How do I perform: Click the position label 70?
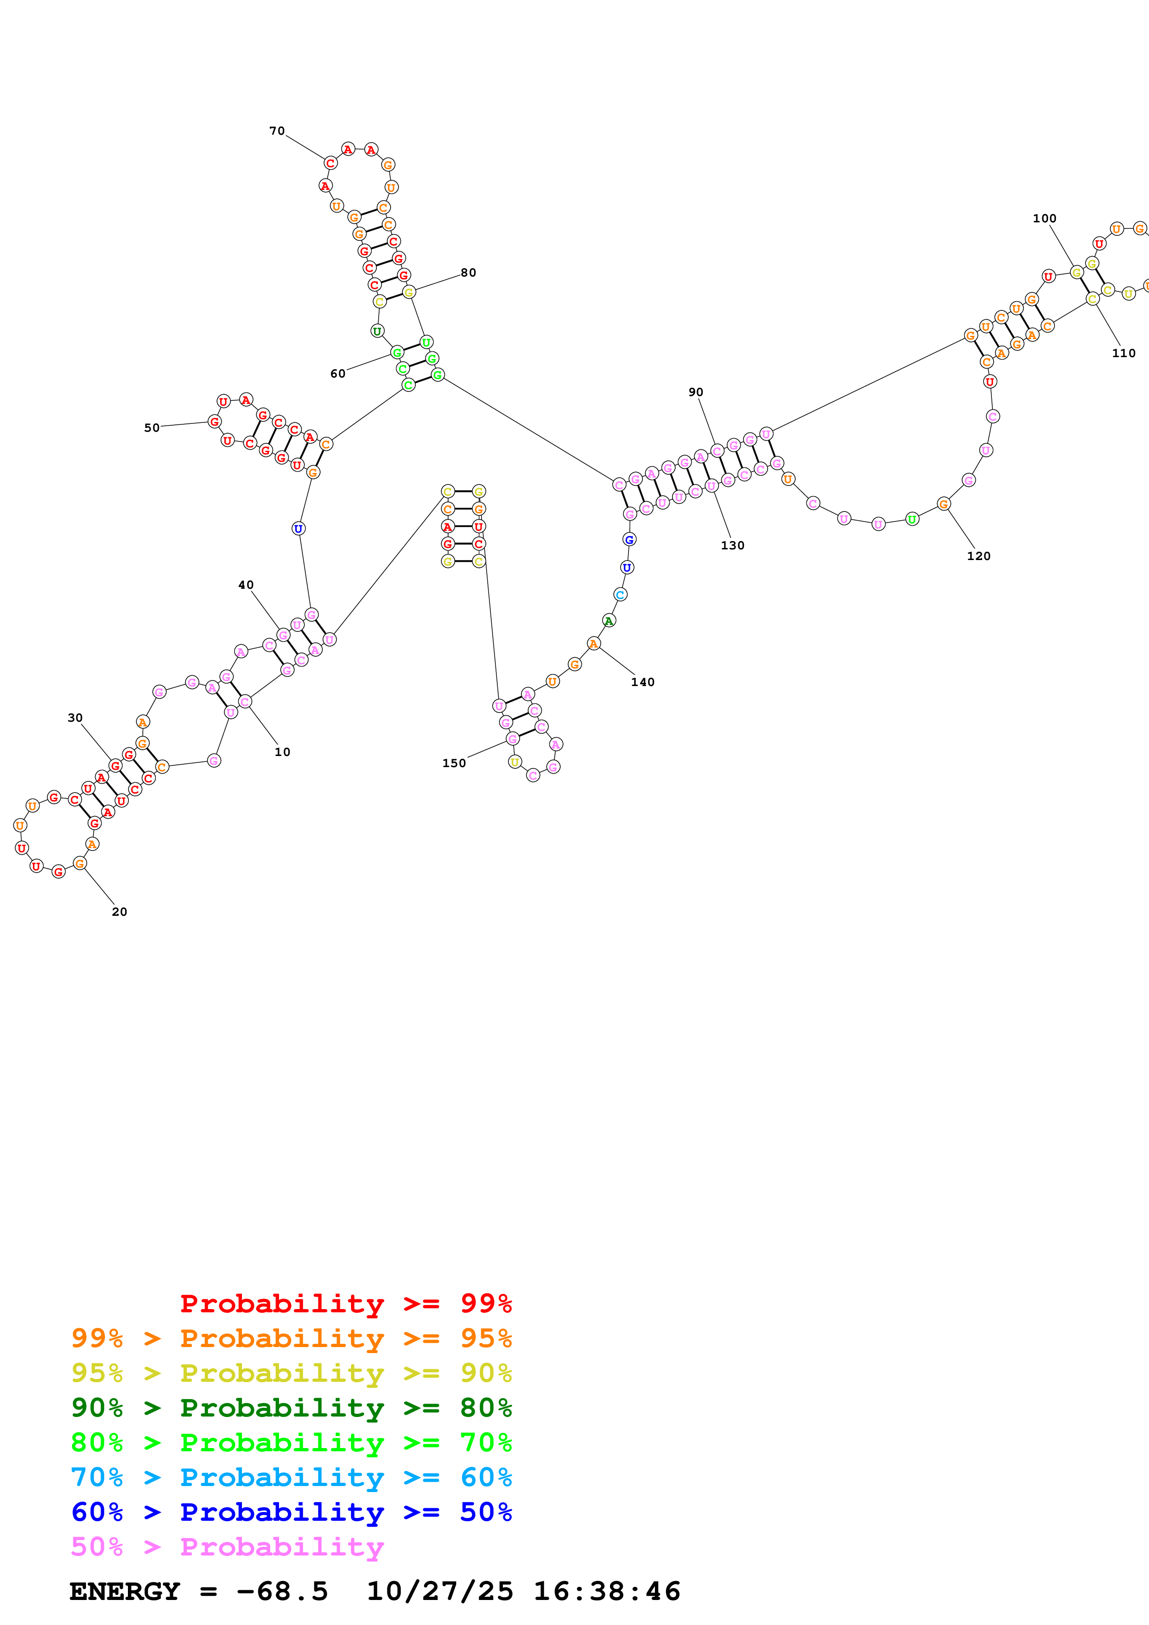coord(277,131)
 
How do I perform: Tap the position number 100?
coord(1044,219)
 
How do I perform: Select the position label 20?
coord(120,912)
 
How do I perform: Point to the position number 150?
coord(454,763)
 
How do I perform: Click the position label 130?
coord(733,545)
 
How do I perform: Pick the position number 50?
coord(152,428)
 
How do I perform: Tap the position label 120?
coord(978,555)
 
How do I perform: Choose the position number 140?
coord(643,681)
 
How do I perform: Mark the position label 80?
coord(468,272)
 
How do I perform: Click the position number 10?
coord(282,752)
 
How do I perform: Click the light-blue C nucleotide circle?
coord(620,594)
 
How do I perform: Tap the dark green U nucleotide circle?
coord(377,331)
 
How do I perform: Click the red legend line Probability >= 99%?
coord(345,1303)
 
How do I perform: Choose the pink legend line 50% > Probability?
coord(227,1546)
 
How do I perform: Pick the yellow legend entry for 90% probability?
coord(291,1373)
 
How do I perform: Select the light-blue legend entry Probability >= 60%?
coord(291,1477)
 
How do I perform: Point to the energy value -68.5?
coord(282,1592)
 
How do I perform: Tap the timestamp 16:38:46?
coord(607,1592)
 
